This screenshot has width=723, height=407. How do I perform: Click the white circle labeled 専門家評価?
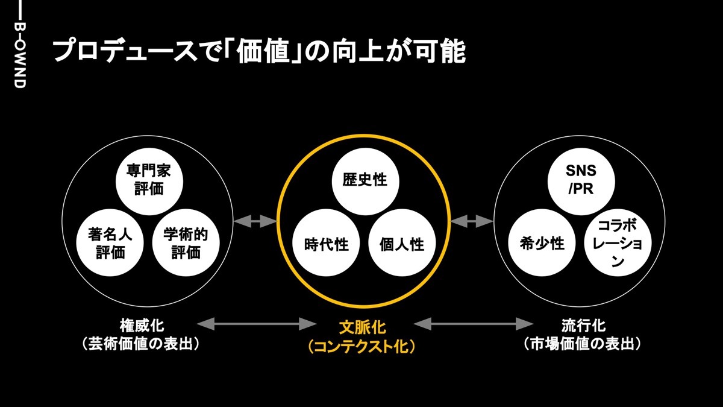149,180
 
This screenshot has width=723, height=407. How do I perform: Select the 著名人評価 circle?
111,243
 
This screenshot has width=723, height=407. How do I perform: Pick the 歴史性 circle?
365,180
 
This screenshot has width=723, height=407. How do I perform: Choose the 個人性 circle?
402,244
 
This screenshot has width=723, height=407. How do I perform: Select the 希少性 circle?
542,243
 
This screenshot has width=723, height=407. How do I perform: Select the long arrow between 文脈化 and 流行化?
474,325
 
